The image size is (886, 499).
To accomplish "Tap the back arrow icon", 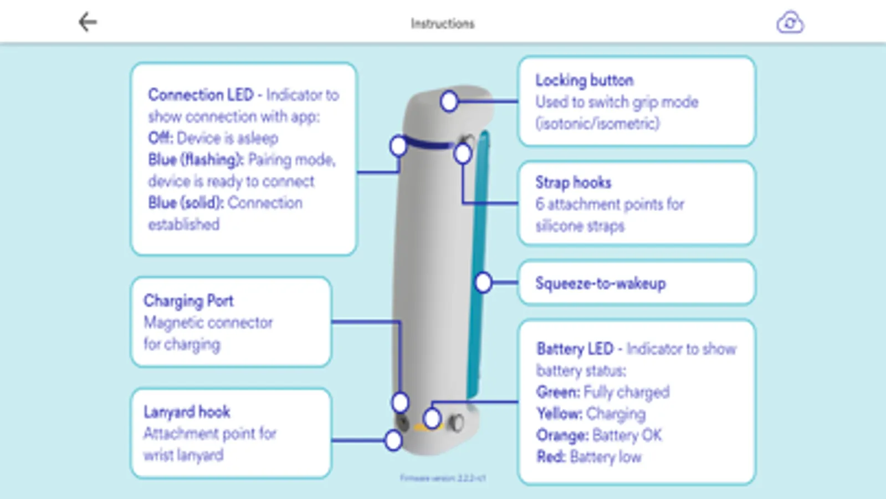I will pyautogui.click(x=88, y=22).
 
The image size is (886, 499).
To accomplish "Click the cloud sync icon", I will pyautogui.click(x=790, y=23).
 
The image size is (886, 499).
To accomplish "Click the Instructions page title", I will pyautogui.click(x=442, y=23).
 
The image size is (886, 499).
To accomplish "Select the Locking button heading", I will pyautogui.click(x=584, y=80).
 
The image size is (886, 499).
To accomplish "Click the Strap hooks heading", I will pyautogui.click(x=573, y=182).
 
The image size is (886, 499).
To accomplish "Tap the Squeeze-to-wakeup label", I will pyautogui.click(x=600, y=283).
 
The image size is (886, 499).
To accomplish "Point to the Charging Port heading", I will pyautogui.click(x=188, y=301).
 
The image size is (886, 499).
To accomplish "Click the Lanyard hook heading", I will pyautogui.click(x=187, y=412).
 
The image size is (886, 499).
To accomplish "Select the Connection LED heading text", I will pyautogui.click(x=201, y=95).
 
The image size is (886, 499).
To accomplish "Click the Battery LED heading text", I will pyautogui.click(x=575, y=349).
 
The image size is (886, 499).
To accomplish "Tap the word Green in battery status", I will pyautogui.click(x=557, y=392).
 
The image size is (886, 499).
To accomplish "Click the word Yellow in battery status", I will pyautogui.click(x=559, y=414).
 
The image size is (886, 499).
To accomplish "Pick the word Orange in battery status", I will pyautogui.click(x=561, y=435).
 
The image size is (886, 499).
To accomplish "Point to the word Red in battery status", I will pyautogui.click(x=550, y=457).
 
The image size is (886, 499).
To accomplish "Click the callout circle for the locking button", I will pyautogui.click(x=449, y=101).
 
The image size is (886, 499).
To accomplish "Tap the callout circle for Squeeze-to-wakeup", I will pyautogui.click(x=483, y=282).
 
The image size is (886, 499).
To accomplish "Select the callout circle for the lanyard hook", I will pyautogui.click(x=393, y=440).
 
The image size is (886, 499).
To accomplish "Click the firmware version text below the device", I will pyautogui.click(x=443, y=477).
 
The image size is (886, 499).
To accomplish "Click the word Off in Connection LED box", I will pyautogui.click(x=160, y=138).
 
